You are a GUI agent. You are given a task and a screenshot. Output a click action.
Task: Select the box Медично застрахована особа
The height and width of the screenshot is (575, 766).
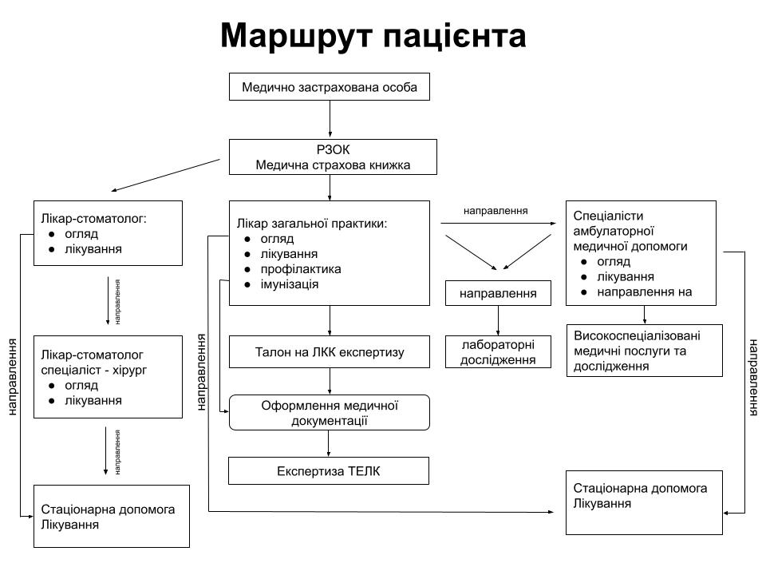[x=329, y=86]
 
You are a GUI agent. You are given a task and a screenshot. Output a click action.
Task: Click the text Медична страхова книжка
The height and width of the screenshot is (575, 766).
[x=333, y=165]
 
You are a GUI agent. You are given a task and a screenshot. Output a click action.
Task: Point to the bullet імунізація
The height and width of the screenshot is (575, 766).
[x=290, y=284]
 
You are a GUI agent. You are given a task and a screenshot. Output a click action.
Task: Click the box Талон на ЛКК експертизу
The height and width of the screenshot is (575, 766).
[x=329, y=351]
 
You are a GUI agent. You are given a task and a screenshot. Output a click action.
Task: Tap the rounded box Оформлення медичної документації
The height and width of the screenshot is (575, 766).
[x=329, y=412]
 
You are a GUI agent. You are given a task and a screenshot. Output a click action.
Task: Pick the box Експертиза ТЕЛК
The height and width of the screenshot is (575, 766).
[x=329, y=470]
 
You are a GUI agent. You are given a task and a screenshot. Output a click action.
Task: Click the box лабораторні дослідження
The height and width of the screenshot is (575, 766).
[x=498, y=352]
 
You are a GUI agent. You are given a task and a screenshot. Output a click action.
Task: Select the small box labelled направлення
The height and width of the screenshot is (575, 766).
[x=498, y=293]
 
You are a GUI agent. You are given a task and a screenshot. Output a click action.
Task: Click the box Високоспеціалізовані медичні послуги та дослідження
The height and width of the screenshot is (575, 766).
[x=644, y=351]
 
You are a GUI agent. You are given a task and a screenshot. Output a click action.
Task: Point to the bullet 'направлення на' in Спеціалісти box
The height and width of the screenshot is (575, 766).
[x=644, y=292]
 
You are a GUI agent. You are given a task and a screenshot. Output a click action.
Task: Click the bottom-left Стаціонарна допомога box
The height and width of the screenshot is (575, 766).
[x=111, y=516]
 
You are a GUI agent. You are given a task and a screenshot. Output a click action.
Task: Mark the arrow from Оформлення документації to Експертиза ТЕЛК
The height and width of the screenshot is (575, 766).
[x=330, y=443]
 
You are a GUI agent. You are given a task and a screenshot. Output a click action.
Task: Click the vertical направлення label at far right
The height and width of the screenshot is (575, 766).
[x=753, y=377]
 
